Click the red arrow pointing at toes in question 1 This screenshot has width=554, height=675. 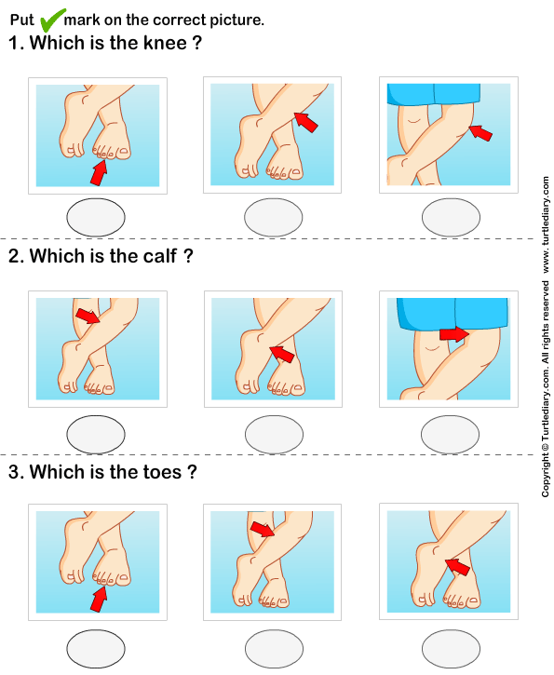click(x=99, y=171)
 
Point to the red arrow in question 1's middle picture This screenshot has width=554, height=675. click(x=305, y=122)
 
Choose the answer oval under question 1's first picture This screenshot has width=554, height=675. click(x=97, y=218)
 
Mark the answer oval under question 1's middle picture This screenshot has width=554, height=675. click(x=274, y=218)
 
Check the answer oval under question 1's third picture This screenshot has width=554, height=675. click(x=451, y=218)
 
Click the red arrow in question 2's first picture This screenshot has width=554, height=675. click(x=87, y=317)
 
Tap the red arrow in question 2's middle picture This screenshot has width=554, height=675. click(x=280, y=352)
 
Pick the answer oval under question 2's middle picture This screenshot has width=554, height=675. click(x=274, y=433)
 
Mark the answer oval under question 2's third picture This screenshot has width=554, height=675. click(x=451, y=433)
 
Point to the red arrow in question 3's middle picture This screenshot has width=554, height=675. click(x=263, y=530)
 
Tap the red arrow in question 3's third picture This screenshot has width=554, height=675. click(x=456, y=565)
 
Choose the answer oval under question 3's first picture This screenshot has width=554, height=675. click(x=97, y=647)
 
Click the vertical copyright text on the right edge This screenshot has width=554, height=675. click(x=545, y=335)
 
